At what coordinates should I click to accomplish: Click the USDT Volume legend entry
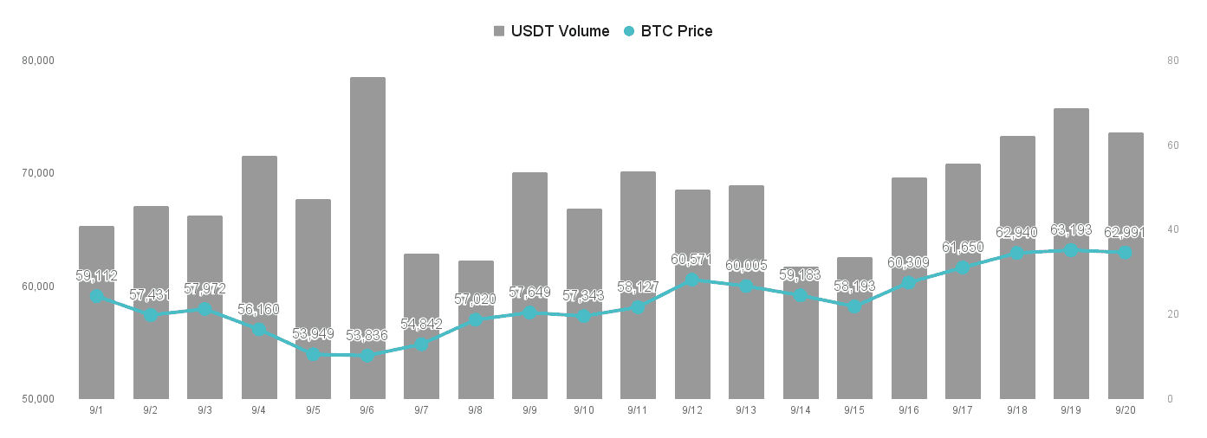[551, 31]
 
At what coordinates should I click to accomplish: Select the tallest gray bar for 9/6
[367, 238]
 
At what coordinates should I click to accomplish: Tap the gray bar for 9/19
[1071, 254]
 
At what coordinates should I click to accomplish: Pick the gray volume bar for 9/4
[259, 278]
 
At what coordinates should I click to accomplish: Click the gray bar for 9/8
[476, 330]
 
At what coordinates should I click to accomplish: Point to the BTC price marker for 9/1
[96, 296]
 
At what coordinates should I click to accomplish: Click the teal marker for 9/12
[692, 280]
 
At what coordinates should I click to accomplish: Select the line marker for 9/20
[1125, 253]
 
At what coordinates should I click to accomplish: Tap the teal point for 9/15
[854, 306]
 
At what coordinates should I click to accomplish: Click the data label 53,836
[367, 335]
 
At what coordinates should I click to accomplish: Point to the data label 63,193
[1071, 229]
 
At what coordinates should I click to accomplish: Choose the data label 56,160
[258, 309]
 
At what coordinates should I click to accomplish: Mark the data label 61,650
[963, 247]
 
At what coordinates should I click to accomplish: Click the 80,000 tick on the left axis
[38, 61]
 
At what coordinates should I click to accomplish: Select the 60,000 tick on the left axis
[38, 287]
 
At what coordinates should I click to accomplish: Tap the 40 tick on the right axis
[1173, 229]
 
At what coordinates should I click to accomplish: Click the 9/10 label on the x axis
[583, 410]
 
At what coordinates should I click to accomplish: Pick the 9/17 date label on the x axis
[963, 410]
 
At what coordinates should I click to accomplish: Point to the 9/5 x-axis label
[313, 410]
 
